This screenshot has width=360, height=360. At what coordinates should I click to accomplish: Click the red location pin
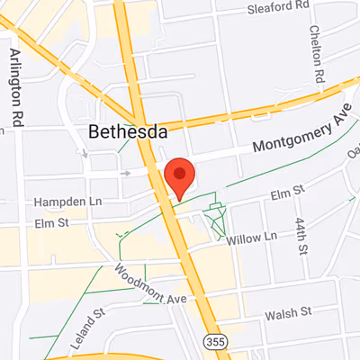[x=181, y=176]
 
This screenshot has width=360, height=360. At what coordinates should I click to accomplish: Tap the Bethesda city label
[x=128, y=132]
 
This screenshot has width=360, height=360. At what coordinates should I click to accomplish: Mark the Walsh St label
[x=289, y=312]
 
